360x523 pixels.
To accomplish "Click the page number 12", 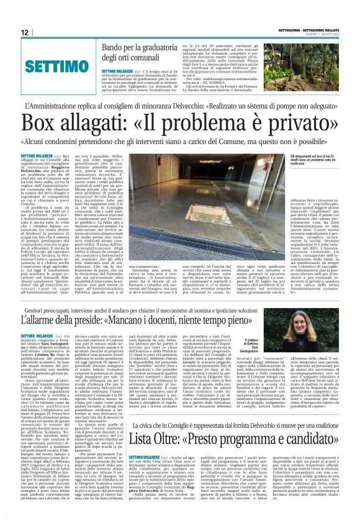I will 25,32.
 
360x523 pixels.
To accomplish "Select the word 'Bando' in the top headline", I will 114,47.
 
